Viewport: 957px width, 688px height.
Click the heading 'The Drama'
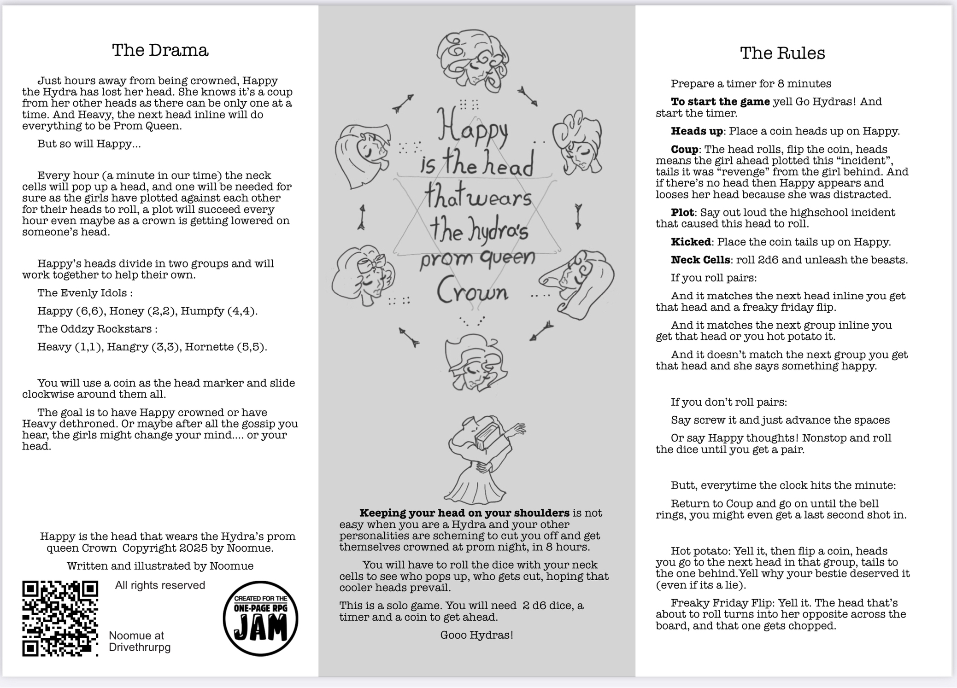160,50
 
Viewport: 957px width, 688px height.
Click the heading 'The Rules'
782,53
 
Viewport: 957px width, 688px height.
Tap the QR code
60,618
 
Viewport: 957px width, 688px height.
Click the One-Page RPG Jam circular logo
260,618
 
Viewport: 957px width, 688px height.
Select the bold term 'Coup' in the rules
684,150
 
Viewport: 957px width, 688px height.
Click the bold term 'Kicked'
691,242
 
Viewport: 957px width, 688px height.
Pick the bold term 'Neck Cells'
700,260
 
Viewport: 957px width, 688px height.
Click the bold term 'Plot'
682,213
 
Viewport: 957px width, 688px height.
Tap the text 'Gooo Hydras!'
476,636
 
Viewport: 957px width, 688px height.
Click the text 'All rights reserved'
160,585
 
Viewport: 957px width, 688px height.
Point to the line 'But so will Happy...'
89,144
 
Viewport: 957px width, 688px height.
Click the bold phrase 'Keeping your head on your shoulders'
464,513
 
